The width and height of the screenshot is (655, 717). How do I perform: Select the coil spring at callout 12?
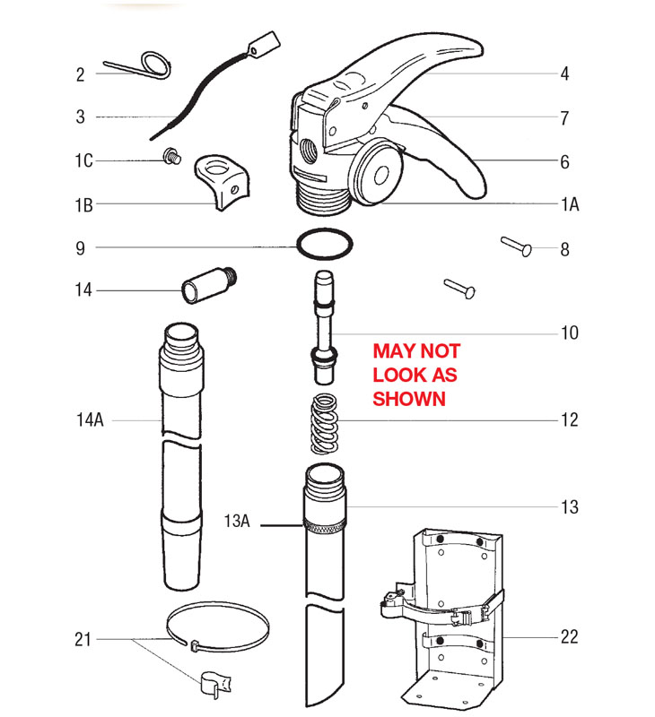324,424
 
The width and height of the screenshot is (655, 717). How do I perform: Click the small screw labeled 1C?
172,156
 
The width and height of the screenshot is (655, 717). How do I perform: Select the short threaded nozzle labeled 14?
209,285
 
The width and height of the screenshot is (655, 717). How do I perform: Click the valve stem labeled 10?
324,327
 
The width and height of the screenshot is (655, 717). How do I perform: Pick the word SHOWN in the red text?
409,399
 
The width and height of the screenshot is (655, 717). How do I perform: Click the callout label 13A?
237,521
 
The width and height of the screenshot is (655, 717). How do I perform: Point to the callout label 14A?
90,419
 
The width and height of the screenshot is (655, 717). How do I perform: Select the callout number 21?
83,639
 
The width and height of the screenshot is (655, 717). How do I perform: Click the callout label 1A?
570,204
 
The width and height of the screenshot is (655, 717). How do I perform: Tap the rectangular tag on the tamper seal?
264,44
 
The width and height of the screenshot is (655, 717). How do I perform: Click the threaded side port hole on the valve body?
309,151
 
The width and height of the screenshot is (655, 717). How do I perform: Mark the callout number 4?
565,74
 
